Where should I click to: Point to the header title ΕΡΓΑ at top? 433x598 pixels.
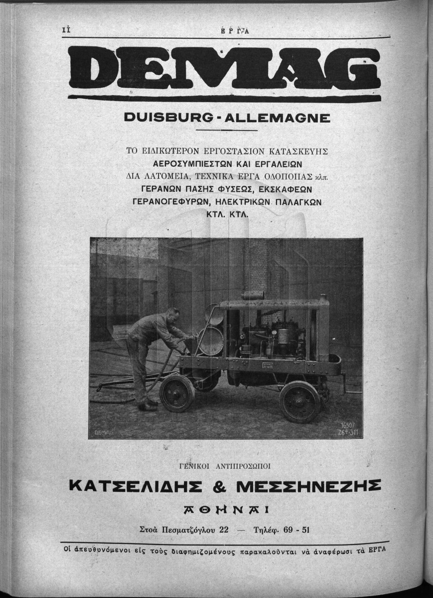pos(234,30)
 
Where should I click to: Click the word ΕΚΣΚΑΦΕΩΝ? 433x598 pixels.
pos(290,189)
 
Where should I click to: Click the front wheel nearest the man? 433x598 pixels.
pos(177,392)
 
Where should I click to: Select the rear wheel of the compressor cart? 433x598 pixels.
pos(299,401)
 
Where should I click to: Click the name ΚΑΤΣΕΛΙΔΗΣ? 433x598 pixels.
pos(142,485)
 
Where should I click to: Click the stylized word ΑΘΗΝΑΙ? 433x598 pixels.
pos(226,509)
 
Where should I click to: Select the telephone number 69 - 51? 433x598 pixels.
pos(296,530)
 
